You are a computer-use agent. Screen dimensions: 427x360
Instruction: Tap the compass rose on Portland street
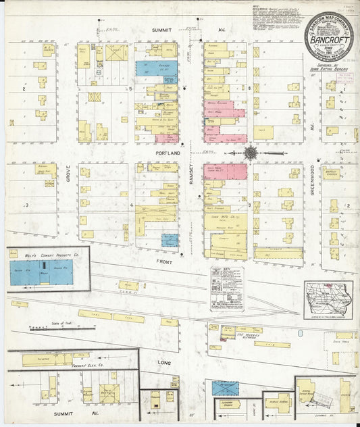251,153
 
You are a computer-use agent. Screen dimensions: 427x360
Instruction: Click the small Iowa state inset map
328,299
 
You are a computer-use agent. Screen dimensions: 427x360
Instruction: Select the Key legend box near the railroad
226,289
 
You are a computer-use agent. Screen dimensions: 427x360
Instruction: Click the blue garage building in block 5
157,68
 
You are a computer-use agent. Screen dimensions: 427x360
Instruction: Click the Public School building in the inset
276,407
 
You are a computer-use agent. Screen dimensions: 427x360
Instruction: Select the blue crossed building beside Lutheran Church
225,388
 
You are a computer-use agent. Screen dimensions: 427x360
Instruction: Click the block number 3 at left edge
26,205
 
